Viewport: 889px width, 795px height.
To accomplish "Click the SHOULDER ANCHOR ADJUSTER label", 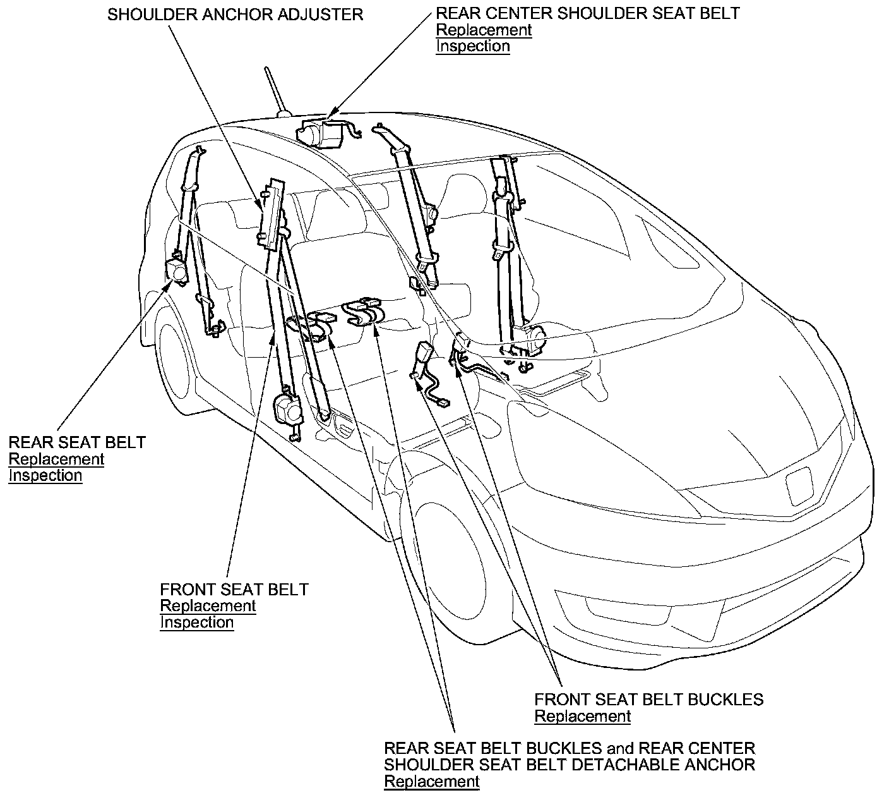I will point(235,14).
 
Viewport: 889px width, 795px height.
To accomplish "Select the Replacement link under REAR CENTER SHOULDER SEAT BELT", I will point(484,30).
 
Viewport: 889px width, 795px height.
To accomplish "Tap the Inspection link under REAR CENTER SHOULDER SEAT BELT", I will point(472,46).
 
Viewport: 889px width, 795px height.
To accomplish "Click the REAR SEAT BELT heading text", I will point(77,442).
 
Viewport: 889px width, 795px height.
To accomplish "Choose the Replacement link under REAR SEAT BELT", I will point(56,459).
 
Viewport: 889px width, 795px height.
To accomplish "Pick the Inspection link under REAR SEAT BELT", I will point(45,475).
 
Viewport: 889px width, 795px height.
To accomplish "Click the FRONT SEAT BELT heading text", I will point(234,590).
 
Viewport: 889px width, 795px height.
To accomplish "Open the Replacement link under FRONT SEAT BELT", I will point(208,606).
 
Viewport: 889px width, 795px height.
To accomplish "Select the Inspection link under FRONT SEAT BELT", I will point(197,622).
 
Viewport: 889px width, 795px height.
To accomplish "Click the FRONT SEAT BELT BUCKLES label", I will point(649,700).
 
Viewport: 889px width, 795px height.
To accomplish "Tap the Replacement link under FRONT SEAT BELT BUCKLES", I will point(582,716).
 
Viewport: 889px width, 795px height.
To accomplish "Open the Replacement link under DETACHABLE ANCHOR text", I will point(432,782).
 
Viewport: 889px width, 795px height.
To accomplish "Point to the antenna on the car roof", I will point(276,92).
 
